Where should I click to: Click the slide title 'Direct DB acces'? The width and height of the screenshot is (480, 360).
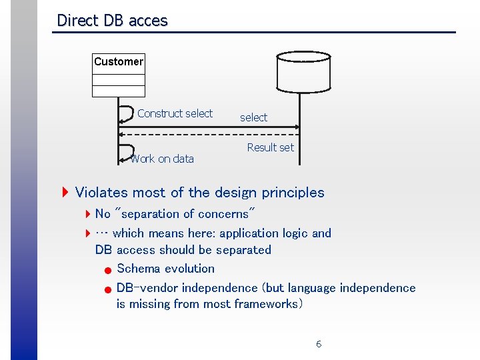[x=112, y=21]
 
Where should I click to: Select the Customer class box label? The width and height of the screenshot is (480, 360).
[x=119, y=61]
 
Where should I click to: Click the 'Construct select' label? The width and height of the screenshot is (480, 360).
[x=175, y=113]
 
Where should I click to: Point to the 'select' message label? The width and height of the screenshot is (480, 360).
[x=253, y=117]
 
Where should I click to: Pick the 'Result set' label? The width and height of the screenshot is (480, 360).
[x=270, y=147]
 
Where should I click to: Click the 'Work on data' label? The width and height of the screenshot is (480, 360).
[x=163, y=159]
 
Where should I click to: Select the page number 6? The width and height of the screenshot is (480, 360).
[x=319, y=344]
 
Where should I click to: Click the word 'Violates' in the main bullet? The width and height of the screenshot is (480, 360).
[x=102, y=193]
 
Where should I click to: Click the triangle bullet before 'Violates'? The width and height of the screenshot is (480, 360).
[x=65, y=193]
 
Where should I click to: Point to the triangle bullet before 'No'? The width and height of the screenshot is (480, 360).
[x=88, y=214]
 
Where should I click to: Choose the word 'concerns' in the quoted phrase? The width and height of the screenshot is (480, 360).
[x=225, y=214]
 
